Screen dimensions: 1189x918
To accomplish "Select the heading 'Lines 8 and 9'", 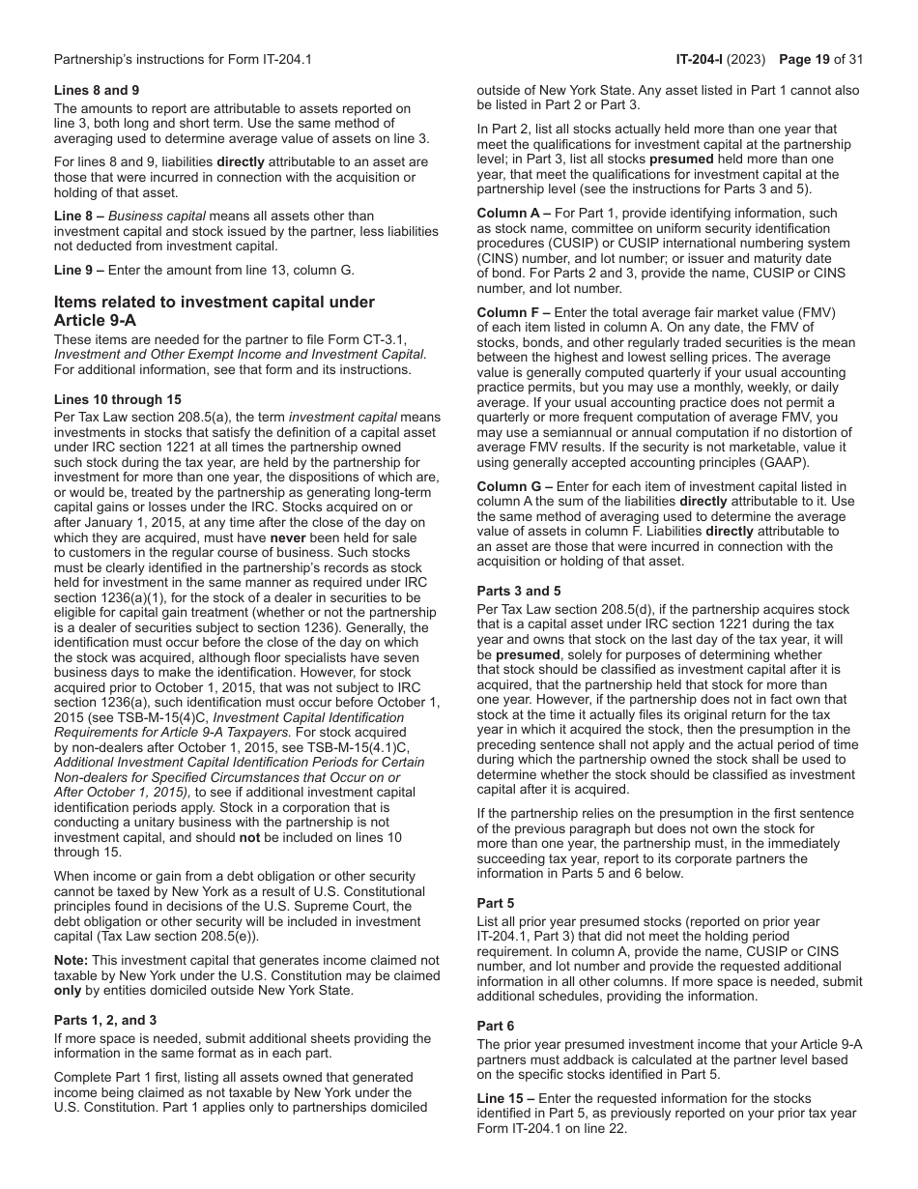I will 97,90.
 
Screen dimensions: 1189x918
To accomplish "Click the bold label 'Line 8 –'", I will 78,216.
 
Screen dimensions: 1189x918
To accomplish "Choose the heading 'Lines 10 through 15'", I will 117,399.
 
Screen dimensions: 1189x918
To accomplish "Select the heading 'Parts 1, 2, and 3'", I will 105,1020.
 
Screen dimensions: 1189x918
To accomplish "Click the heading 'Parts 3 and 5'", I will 518,591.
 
